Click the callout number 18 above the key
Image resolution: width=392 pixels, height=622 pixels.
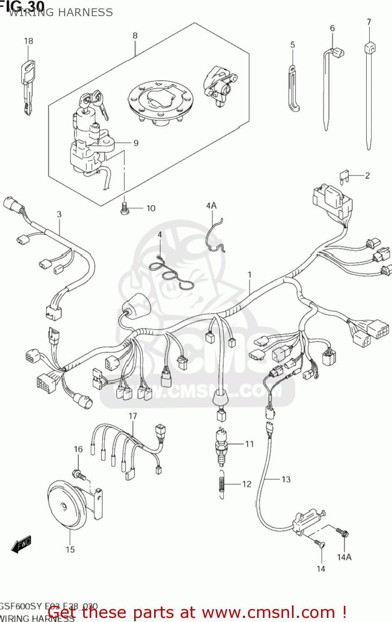click(28, 41)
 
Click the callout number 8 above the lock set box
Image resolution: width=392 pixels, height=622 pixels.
click(135, 36)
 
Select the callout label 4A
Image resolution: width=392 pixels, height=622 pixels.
click(211, 206)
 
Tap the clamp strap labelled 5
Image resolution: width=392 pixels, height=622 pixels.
click(293, 89)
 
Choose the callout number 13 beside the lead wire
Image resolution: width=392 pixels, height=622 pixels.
click(286, 479)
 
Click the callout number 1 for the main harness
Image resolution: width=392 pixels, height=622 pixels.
click(250, 275)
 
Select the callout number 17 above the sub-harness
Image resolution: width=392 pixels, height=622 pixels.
click(132, 416)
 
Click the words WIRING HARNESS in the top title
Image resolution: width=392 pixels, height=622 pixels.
click(61, 12)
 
